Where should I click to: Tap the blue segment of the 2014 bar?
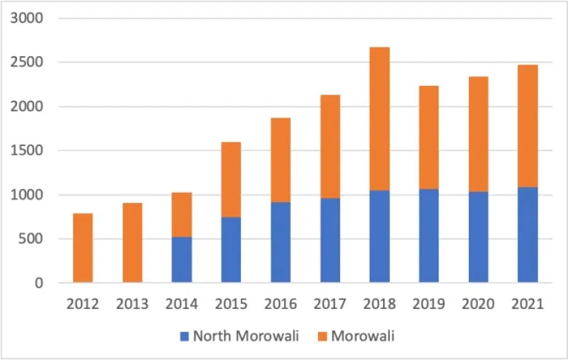click(x=182, y=260)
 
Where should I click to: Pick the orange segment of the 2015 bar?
click(x=231, y=179)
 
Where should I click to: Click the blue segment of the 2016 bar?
click(x=281, y=242)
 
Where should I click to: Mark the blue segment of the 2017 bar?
click(x=330, y=240)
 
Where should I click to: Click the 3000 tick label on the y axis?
click(x=27, y=18)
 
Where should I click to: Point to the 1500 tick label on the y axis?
click(x=27, y=151)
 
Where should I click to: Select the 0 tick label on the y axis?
click(x=39, y=284)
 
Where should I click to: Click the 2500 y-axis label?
click(x=27, y=63)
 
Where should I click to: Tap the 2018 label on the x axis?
click(x=380, y=304)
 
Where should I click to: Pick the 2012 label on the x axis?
click(x=83, y=304)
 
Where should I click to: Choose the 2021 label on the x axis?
click(x=528, y=304)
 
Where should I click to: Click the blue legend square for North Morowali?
click(x=185, y=336)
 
